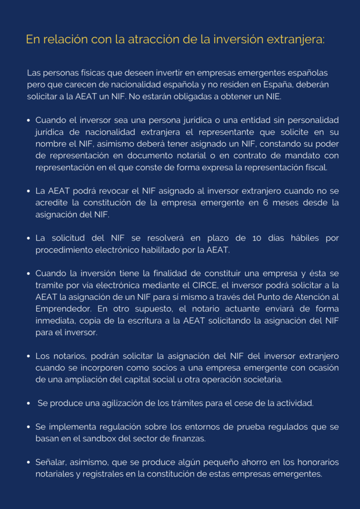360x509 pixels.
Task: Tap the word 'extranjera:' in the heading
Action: [x=294, y=40]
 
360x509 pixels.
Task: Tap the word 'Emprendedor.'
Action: [x=59, y=309]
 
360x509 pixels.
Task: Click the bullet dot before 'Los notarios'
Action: [x=29, y=356]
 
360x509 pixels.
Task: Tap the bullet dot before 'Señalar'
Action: [x=29, y=462]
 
